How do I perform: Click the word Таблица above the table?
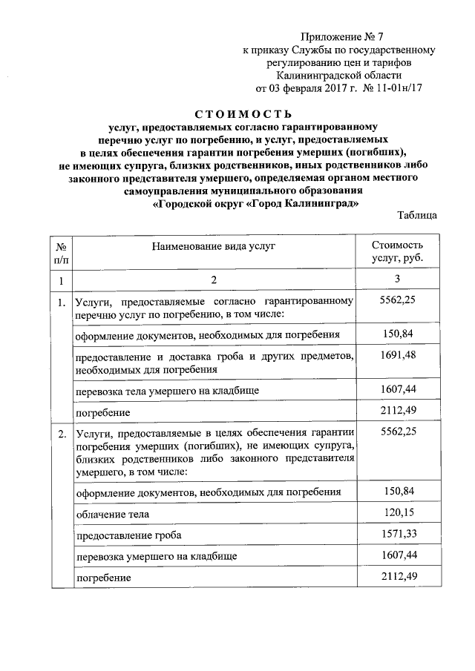(416, 215)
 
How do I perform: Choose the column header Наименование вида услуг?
(214, 245)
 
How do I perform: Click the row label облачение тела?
(112, 513)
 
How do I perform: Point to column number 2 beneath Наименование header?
(214, 280)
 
